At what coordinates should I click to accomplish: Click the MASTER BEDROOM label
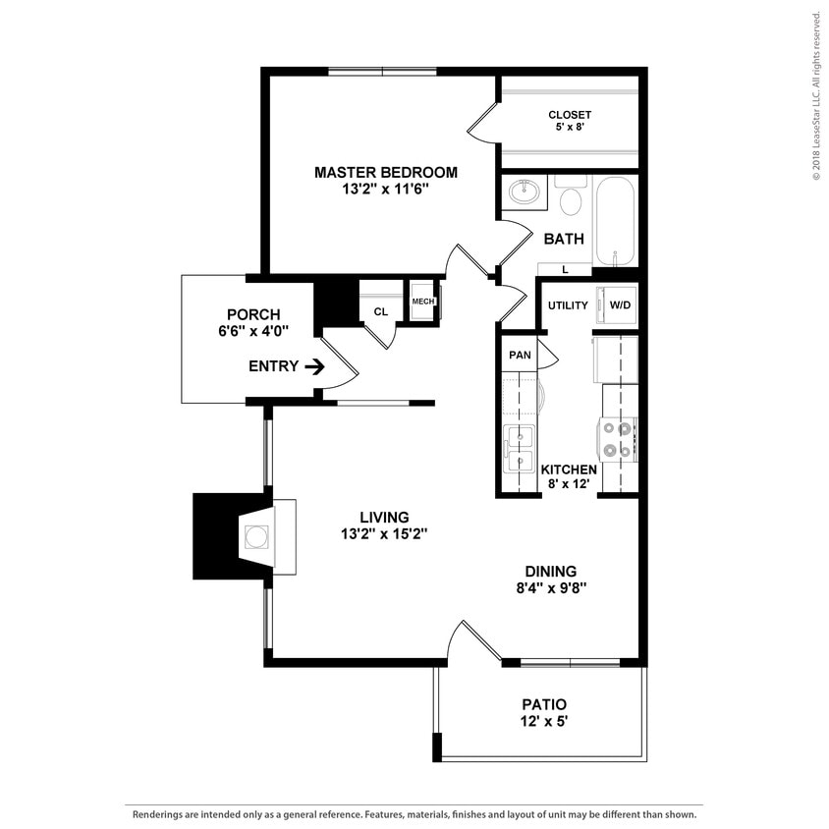tap(385, 172)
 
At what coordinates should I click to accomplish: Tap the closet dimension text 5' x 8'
tap(570, 128)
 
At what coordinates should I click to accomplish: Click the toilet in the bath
tap(571, 199)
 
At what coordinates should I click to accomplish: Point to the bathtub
tap(615, 220)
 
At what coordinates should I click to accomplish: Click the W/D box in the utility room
tap(621, 305)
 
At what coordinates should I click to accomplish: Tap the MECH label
tap(423, 302)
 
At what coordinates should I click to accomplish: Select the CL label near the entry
tap(380, 312)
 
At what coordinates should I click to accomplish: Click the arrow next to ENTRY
tap(314, 366)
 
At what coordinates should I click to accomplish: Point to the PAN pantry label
tap(519, 354)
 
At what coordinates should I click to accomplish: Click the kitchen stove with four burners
tap(619, 439)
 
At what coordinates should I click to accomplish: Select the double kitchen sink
tap(518, 448)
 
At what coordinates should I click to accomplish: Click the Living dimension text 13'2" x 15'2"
tap(383, 534)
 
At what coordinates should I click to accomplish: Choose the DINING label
tap(550, 572)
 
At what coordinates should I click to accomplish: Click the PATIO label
tap(544, 704)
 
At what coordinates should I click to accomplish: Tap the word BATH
tap(564, 239)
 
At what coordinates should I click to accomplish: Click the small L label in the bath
tap(565, 269)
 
